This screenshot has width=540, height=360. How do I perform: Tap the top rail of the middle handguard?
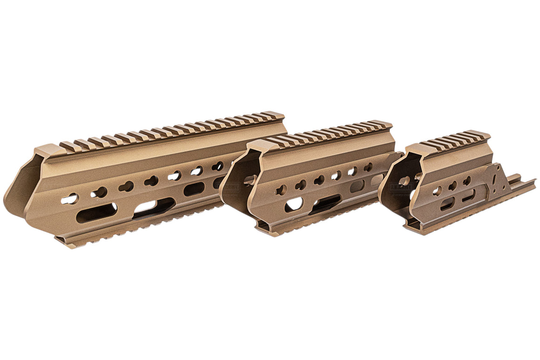tap(326, 133)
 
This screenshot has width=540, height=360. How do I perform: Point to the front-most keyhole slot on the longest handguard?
tap(69, 199)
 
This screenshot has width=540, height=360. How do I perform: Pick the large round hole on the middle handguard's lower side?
tap(293, 204)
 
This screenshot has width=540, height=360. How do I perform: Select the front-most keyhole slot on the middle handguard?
tap(281, 190)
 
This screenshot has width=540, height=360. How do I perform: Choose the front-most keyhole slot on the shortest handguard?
tap(437, 190)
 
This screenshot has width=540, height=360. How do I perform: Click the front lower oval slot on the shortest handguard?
tap(447, 203)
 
